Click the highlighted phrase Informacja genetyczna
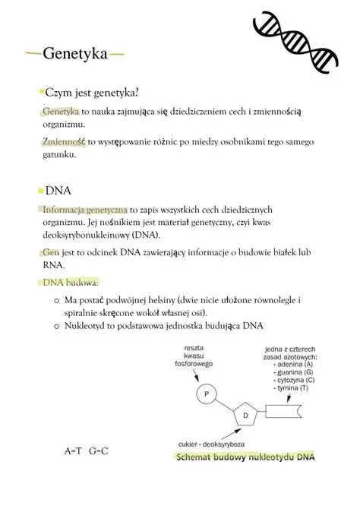[85, 210]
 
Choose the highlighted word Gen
[51, 251]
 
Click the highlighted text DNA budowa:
[71, 283]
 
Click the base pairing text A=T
[73, 451]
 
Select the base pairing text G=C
[99, 451]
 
